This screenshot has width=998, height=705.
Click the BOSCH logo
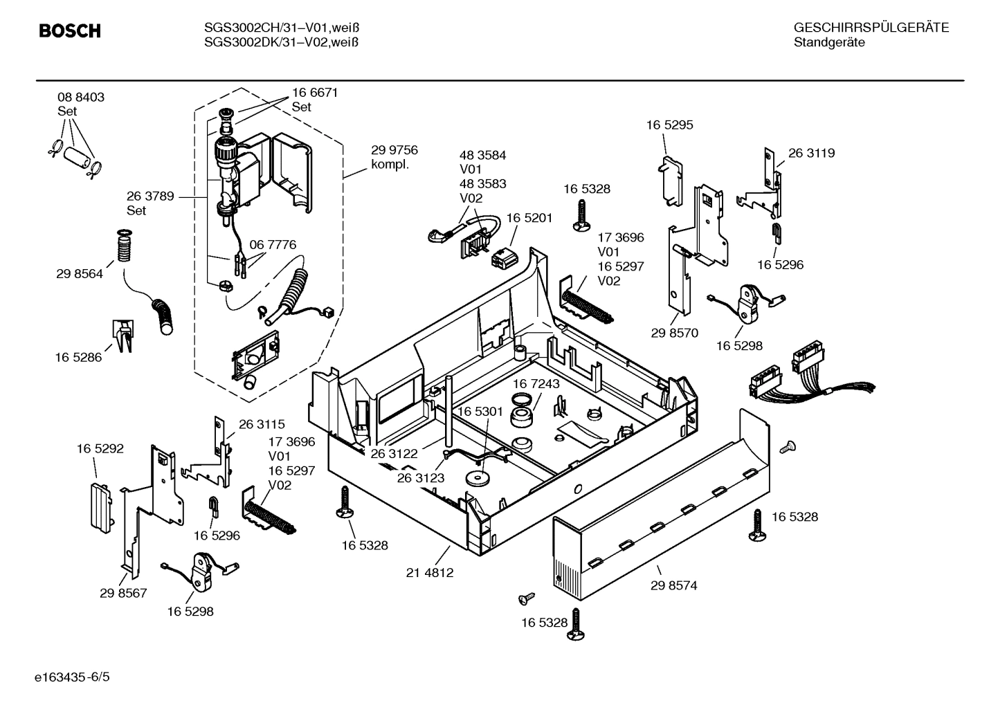click(x=70, y=31)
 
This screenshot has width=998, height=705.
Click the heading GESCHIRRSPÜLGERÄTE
click(x=871, y=28)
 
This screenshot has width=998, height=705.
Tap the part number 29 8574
click(x=673, y=585)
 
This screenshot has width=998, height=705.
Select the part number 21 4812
click(x=430, y=573)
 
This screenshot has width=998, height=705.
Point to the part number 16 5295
click(x=669, y=125)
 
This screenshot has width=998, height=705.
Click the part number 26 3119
click(x=811, y=153)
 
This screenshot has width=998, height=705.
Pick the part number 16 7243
click(x=536, y=383)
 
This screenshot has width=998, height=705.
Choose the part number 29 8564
click(x=80, y=274)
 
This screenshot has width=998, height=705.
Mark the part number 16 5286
click(x=78, y=357)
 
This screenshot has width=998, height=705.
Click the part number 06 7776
click(x=273, y=244)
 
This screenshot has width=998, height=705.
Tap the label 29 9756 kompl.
click(x=394, y=157)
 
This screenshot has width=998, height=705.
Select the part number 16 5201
click(x=529, y=217)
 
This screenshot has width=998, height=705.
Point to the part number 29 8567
click(x=123, y=593)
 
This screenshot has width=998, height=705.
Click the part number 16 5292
click(x=100, y=448)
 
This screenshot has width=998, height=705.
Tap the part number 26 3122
click(x=394, y=454)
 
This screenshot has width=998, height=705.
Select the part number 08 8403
click(x=81, y=98)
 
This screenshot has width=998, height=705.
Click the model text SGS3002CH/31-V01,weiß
click(x=282, y=28)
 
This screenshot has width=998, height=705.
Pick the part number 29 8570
click(x=674, y=333)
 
